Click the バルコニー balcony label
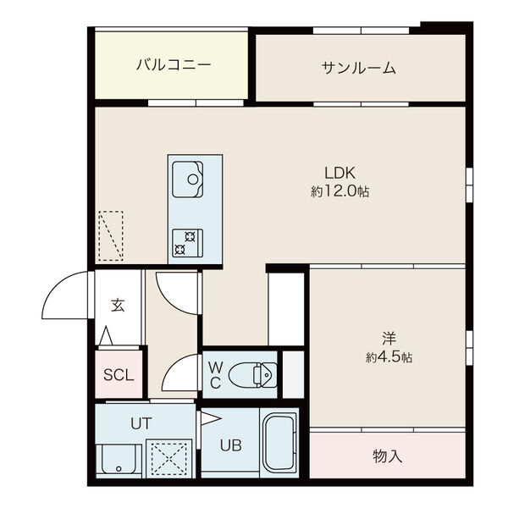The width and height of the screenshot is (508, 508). tap(173, 64)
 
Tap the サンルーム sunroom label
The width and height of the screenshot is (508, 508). tap(359, 68)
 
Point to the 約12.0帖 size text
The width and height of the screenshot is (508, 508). tap(340, 192)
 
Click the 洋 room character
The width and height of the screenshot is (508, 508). tap(389, 337)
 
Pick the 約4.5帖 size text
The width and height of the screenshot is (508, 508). tap(389, 357)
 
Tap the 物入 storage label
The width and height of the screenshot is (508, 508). tap(387, 456)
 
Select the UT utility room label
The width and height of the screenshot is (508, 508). tap(141, 421)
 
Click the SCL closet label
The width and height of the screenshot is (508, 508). tap(119, 375)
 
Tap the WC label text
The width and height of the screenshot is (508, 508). tap(215, 374)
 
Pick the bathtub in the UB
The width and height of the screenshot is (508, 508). tap(279, 444)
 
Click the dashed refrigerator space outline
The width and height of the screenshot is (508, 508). tap(110, 236)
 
